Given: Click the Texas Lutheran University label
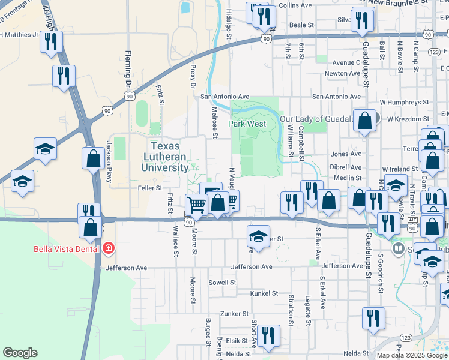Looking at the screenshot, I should click(x=169, y=157).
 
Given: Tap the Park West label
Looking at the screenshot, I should click(x=247, y=124).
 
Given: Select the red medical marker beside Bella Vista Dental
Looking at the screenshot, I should click(x=109, y=247).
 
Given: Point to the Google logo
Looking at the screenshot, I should click(x=20, y=353).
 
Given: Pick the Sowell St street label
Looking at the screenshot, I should click(x=222, y=282).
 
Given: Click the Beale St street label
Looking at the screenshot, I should click(x=302, y=25).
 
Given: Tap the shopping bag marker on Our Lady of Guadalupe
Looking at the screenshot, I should click(x=364, y=121).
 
